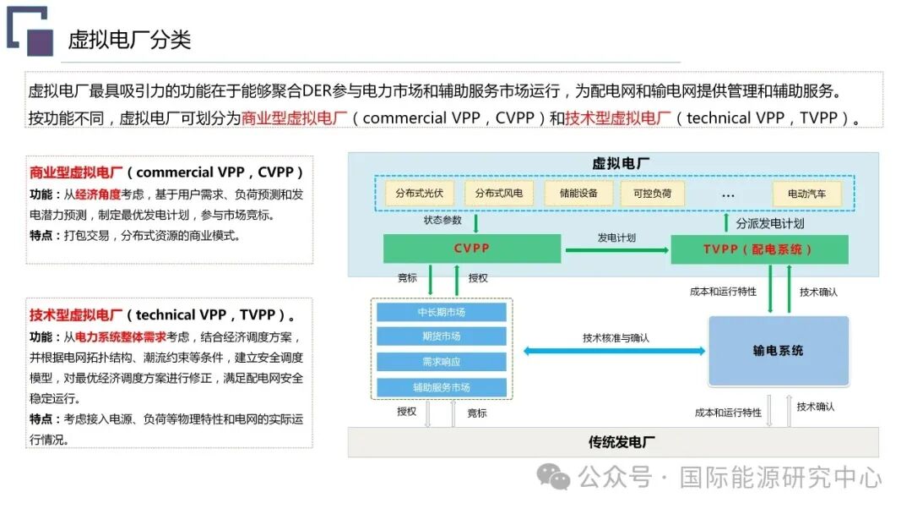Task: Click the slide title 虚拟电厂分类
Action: (x=129, y=39)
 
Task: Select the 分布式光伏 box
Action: (x=419, y=194)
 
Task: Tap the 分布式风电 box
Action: (x=498, y=194)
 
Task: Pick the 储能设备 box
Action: (x=578, y=194)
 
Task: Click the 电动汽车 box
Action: (x=807, y=194)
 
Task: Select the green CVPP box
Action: (x=472, y=249)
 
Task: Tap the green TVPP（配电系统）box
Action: (x=759, y=249)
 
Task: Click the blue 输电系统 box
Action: (x=778, y=351)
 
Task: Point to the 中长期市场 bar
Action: (x=442, y=312)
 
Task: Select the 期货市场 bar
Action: (x=442, y=336)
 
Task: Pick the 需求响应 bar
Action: (x=442, y=362)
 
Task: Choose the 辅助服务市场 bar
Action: (x=442, y=387)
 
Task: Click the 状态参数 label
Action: (x=442, y=221)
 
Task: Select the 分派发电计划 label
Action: (x=769, y=224)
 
